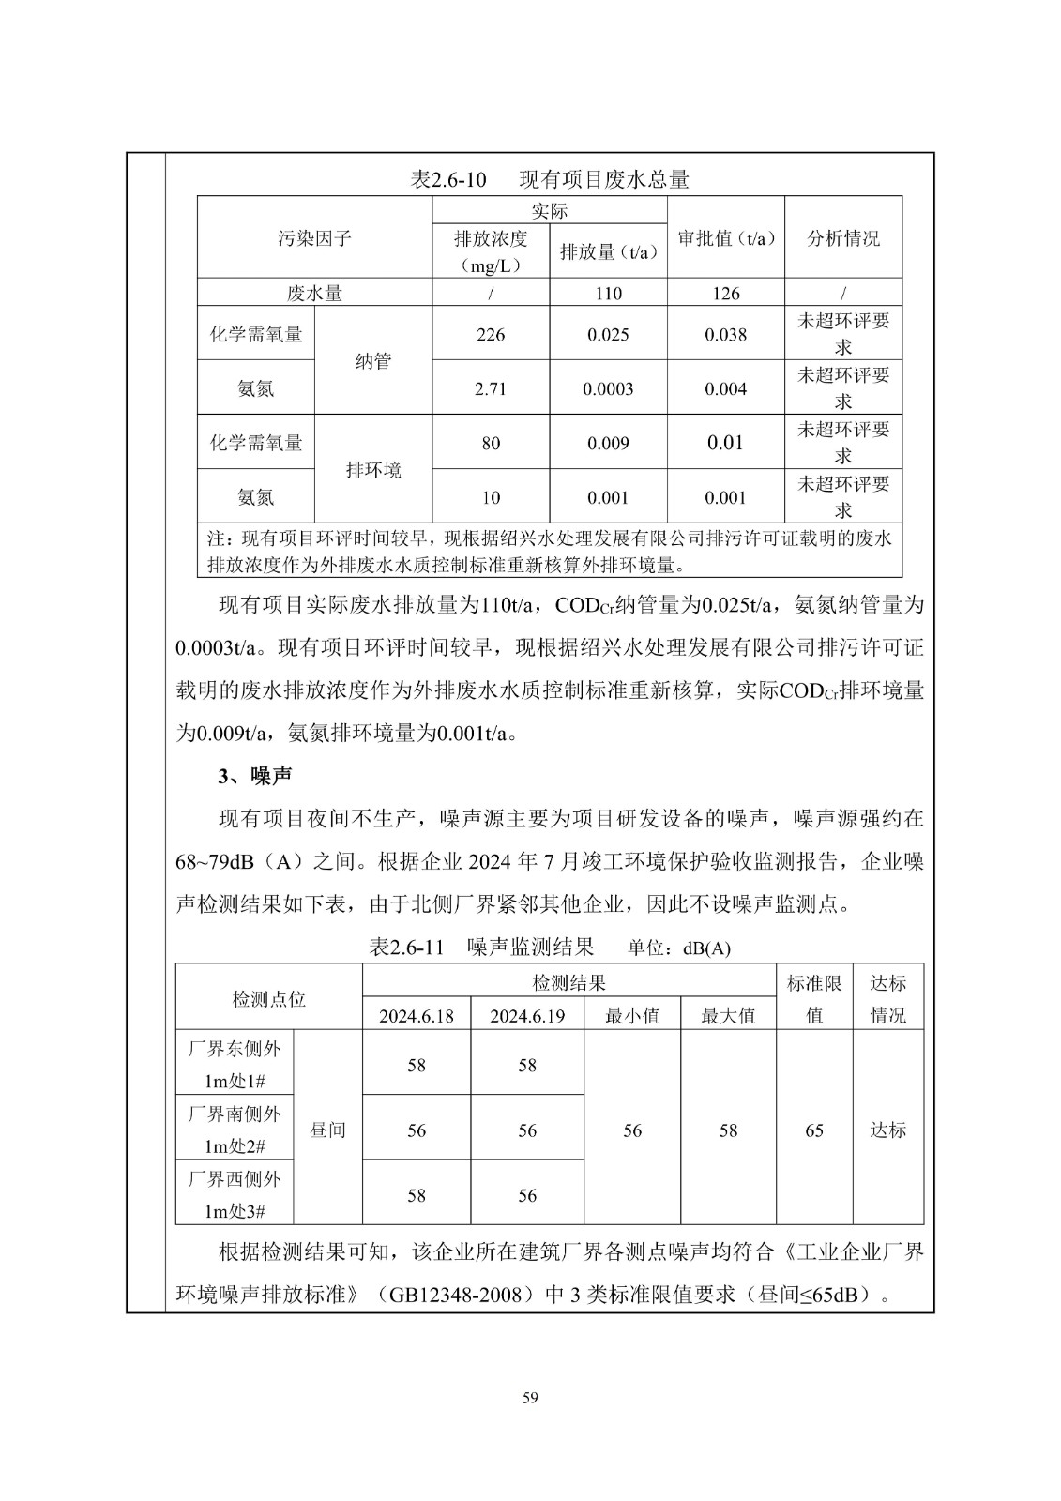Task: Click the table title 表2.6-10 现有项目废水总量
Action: click(x=550, y=178)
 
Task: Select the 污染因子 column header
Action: click(x=314, y=238)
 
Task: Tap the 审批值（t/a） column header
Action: click(x=726, y=238)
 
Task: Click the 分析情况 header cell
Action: click(x=843, y=238)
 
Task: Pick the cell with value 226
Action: click(x=491, y=335)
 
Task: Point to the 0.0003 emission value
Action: click(x=608, y=389)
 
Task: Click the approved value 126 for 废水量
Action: click(x=726, y=294)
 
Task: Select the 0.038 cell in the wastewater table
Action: click(x=726, y=335)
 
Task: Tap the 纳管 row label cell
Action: click(x=373, y=361)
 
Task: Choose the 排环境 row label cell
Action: click(x=373, y=470)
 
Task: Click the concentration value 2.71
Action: click(x=491, y=389)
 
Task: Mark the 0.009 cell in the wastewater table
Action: click(x=608, y=444)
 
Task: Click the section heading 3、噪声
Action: click(x=255, y=776)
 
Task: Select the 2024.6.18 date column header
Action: click(x=417, y=1016)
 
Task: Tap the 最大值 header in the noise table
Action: click(x=728, y=1016)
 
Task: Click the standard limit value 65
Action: click(x=814, y=1130)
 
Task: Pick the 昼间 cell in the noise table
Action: click(x=327, y=1130)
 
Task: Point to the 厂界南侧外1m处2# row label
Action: click(x=235, y=1130)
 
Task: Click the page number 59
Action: click(x=530, y=1399)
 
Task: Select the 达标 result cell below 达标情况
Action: click(x=887, y=1130)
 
